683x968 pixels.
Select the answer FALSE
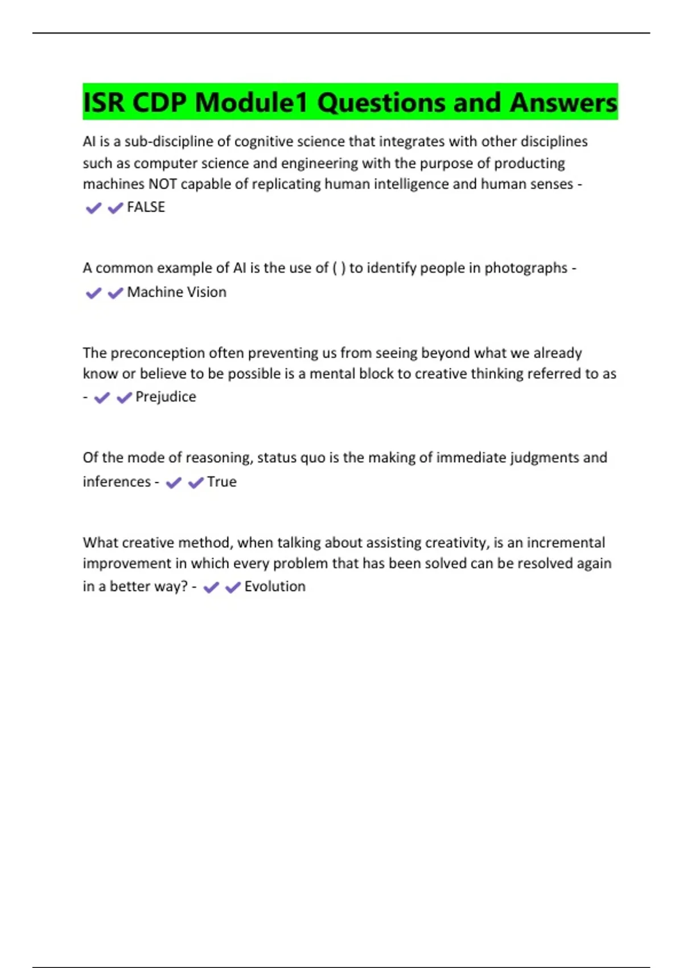146,207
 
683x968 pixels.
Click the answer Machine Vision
176,292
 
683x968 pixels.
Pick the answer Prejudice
166,397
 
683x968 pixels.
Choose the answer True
221,482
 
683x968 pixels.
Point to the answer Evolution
275,586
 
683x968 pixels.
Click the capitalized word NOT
163,184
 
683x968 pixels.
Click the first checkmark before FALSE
93,208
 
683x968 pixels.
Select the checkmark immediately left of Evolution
233,588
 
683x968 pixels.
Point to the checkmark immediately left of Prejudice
124,398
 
